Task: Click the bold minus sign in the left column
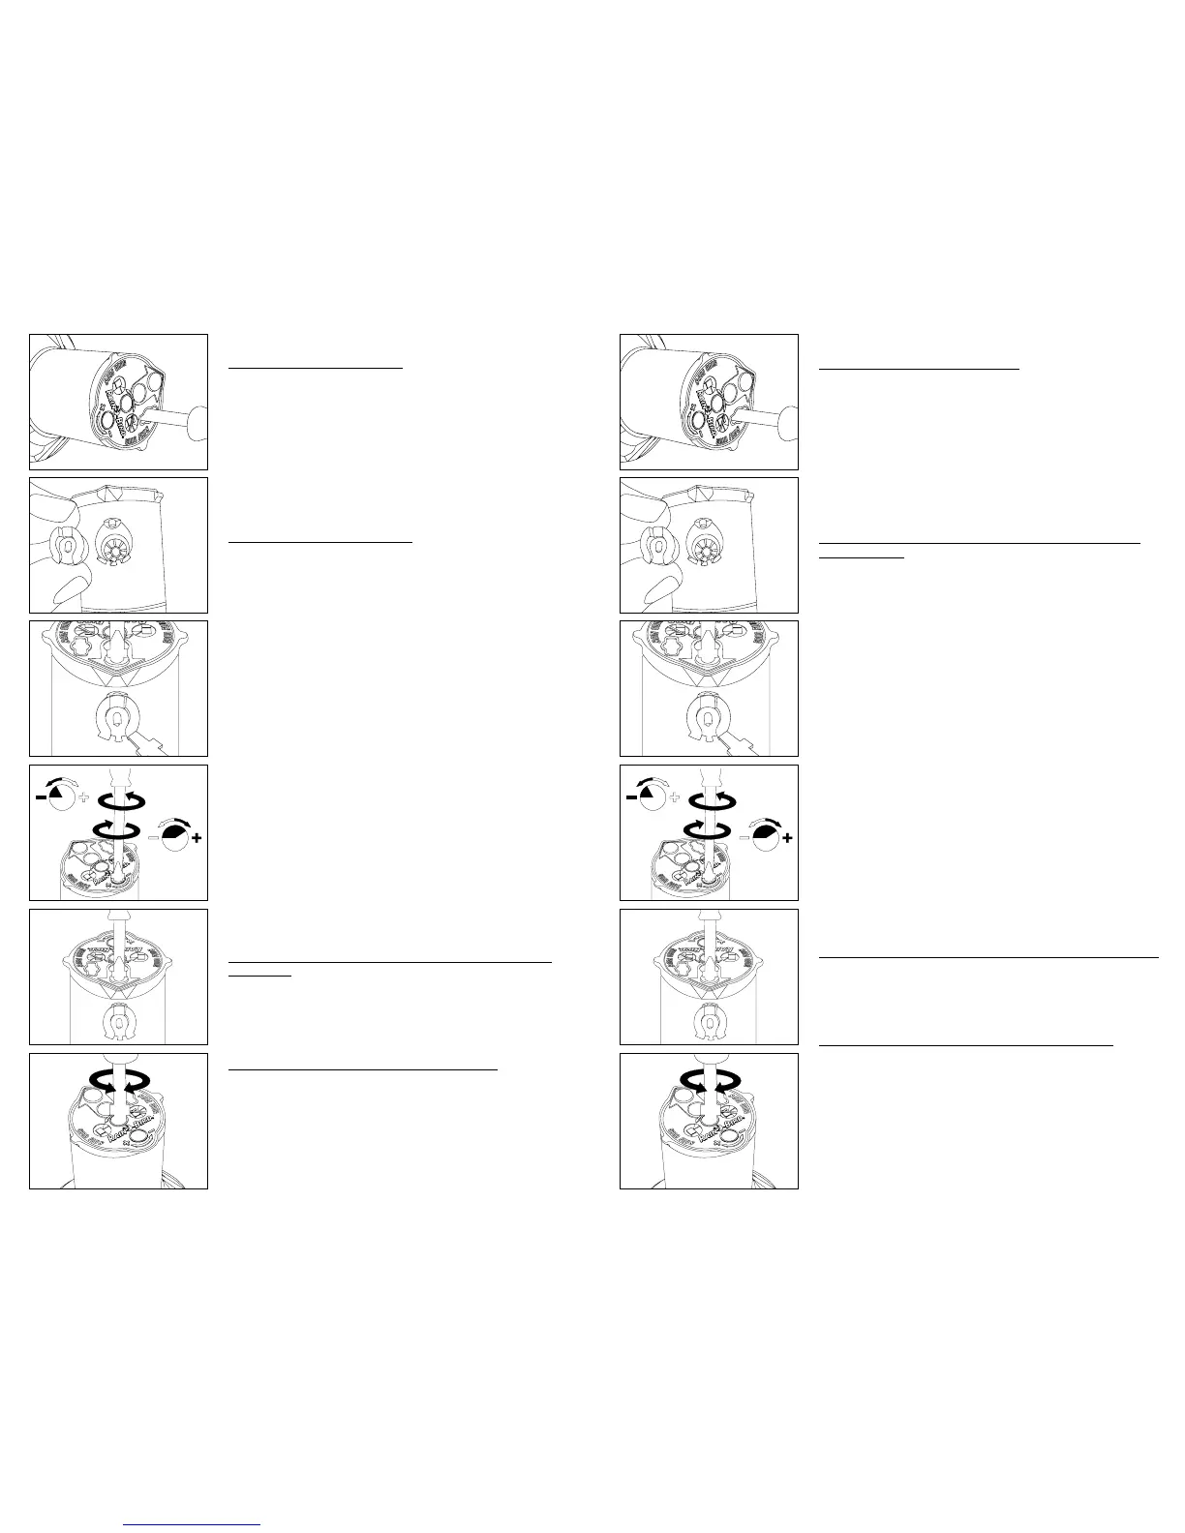pos(40,794)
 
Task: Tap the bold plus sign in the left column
pos(197,838)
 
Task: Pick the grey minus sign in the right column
pos(744,838)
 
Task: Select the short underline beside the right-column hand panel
pos(861,558)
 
